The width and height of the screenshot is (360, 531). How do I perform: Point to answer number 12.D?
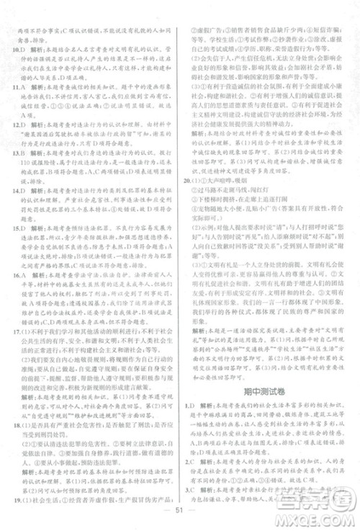tap(21, 125)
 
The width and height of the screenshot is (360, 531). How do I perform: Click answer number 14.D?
tap(21, 197)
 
